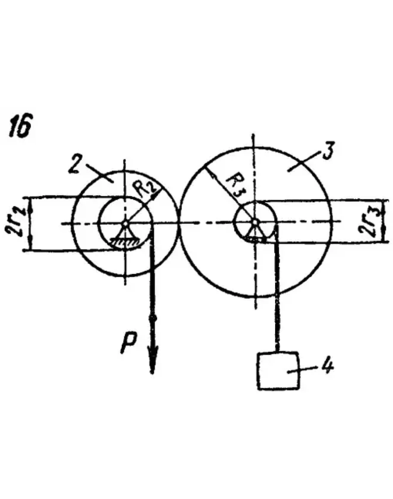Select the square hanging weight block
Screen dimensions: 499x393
tap(278, 371)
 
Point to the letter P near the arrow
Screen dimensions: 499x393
tap(130, 343)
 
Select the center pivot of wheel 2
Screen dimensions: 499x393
tap(125, 223)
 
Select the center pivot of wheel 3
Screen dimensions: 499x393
tap(255, 222)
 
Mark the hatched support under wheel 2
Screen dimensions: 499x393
tap(125, 244)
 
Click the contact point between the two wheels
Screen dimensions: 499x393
tap(178, 223)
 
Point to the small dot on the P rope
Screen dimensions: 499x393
tap(152, 318)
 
